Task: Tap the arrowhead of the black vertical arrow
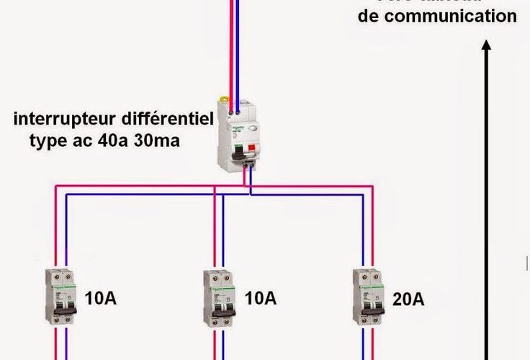pyautogui.click(x=487, y=45)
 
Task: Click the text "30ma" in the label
pyautogui.click(x=158, y=140)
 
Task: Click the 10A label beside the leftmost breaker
pyautogui.click(x=100, y=298)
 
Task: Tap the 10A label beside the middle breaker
pyautogui.click(x=260, y=298)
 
